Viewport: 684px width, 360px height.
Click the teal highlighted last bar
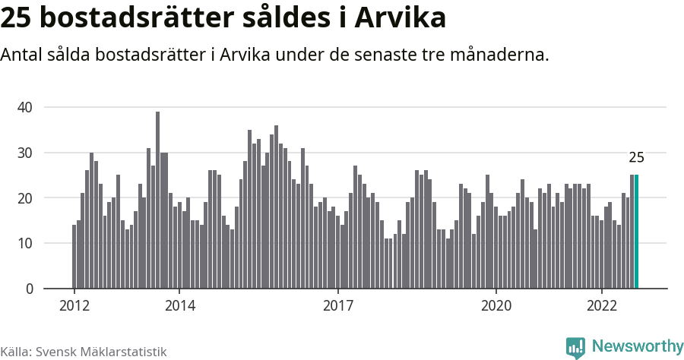[x=636, y=232]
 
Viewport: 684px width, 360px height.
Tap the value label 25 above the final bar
[x=636, y=158]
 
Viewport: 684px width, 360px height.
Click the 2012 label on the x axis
[x=74, y=306]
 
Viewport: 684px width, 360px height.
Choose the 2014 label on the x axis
[x=179, y=306]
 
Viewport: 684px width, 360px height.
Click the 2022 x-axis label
[x=601, y=306]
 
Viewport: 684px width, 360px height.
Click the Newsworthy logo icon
[x=575, y=347]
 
